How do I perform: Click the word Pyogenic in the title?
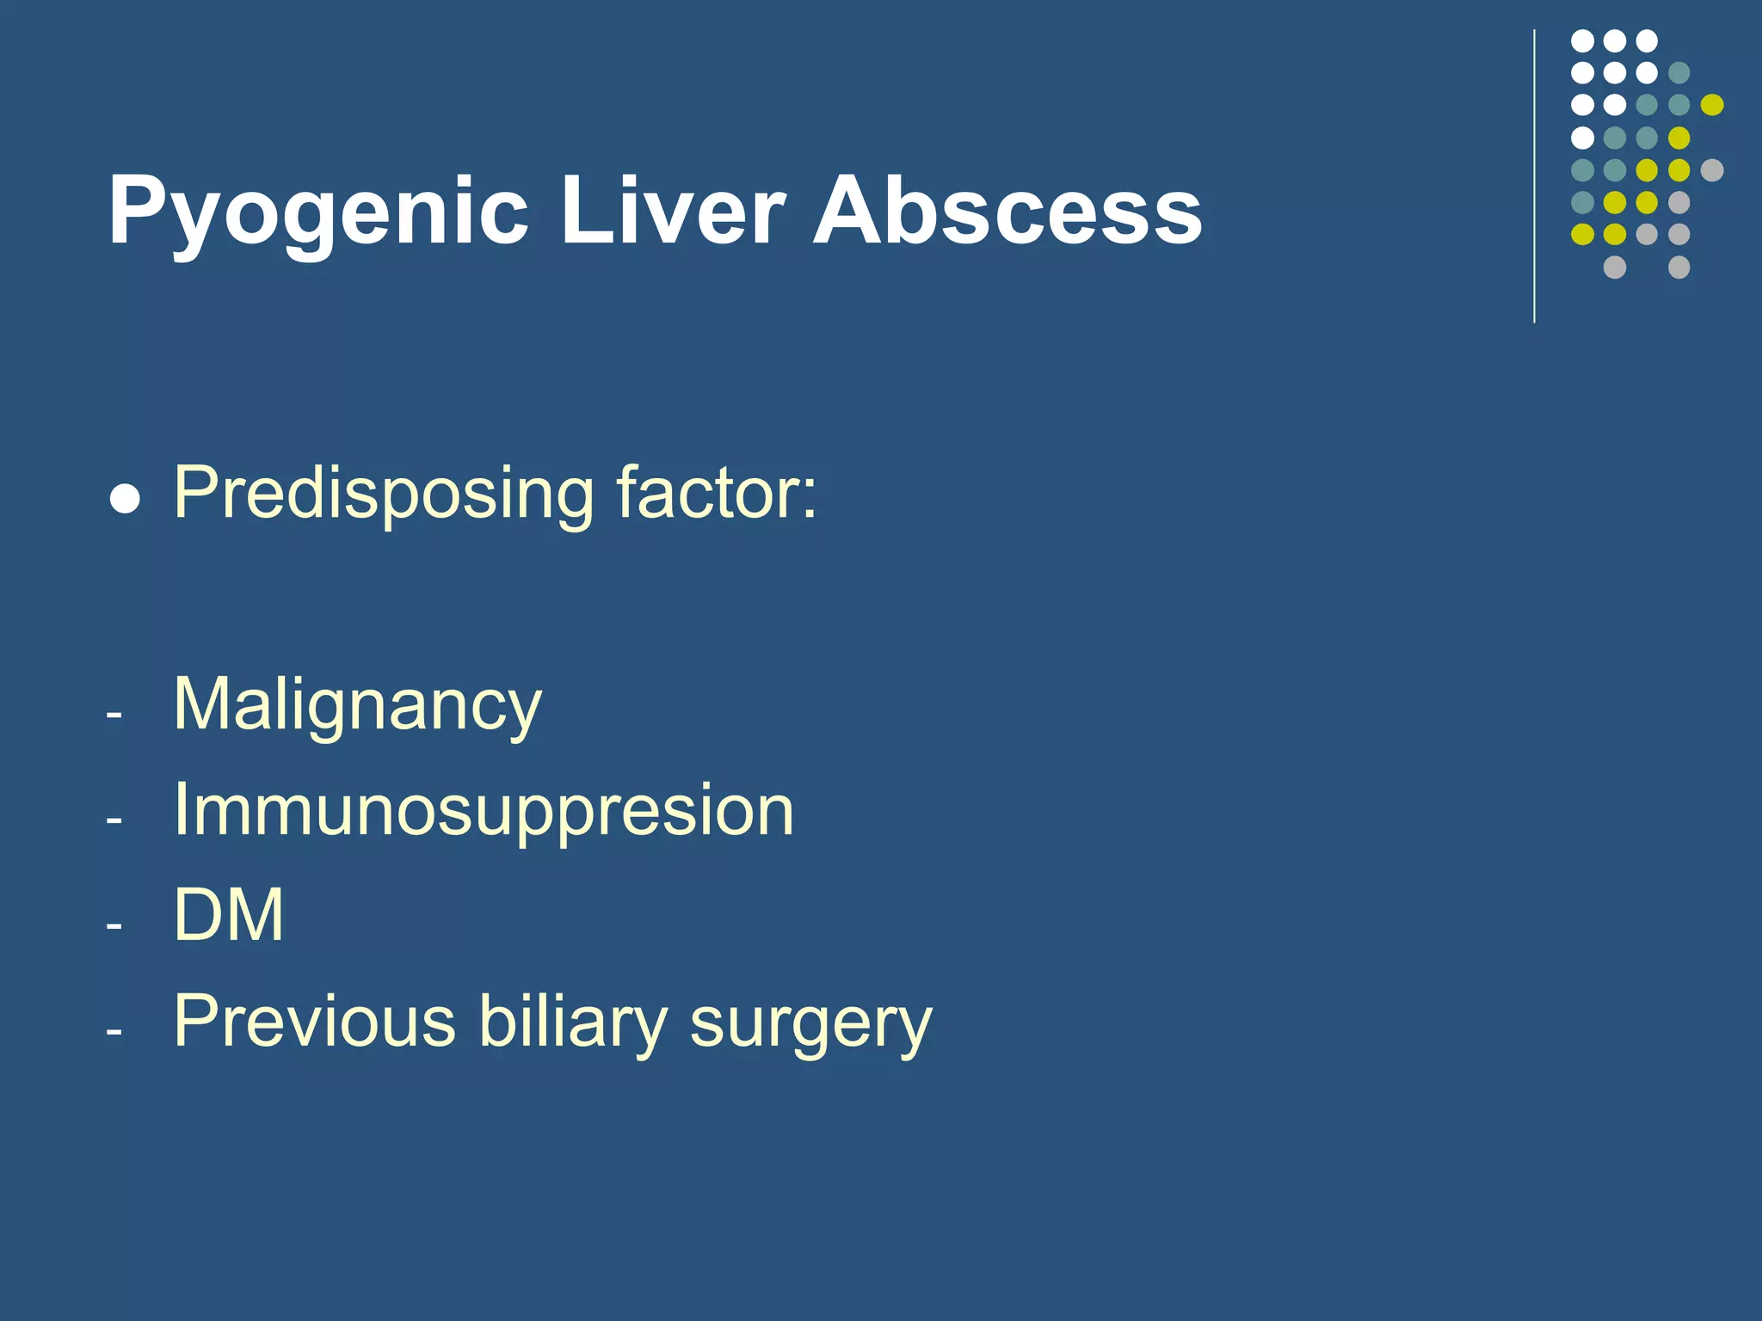317,212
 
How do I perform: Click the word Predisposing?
383,494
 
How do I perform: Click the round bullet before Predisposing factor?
126,499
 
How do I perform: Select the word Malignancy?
357,705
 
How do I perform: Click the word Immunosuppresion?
484,811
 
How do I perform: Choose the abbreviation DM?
228,915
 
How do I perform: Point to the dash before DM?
114,927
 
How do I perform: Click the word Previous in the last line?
314,1022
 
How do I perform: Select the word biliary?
572,1022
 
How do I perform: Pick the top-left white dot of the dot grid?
1582,40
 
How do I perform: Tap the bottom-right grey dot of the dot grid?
1679,267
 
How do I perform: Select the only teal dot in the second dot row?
1679,72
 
